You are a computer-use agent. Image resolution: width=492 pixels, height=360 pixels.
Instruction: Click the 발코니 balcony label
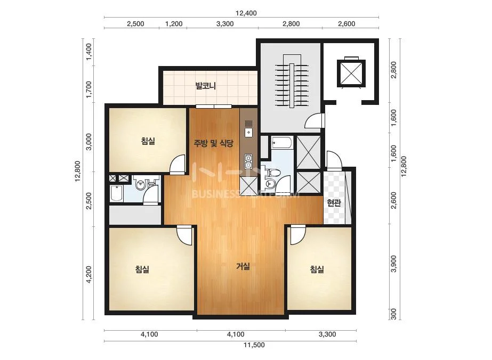pos(206,86)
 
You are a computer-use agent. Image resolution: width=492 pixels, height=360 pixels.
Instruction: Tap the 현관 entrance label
pos(334,203)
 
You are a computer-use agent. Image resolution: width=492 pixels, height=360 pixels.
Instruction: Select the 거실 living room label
pos(243,267)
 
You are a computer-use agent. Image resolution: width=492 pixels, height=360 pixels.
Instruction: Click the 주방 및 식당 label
pos(213,144)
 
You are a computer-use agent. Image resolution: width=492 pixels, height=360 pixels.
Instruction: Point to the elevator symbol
pos(351,73)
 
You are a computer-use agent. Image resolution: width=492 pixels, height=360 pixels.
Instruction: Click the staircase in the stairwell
pos(292,81)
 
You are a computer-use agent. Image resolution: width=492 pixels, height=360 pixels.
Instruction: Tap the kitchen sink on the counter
pos(248,128)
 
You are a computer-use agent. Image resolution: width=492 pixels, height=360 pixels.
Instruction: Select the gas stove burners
pos(248,161)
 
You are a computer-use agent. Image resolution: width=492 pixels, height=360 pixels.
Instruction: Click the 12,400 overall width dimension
pos(246,13)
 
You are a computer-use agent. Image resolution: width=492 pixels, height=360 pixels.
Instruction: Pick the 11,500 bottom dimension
pos(254,345)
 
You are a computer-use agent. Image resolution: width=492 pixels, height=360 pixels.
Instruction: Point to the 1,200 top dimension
pos(174,24)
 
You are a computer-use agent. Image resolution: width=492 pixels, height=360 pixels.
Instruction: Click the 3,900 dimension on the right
pos(394,264)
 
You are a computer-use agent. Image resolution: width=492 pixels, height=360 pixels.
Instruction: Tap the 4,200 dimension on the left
pos(89,275)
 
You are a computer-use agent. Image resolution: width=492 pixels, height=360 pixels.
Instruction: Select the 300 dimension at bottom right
pos(394,314)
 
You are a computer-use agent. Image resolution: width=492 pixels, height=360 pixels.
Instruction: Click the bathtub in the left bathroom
pos(116,194)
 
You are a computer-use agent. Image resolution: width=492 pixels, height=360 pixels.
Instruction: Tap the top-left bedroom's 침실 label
pos(148,141)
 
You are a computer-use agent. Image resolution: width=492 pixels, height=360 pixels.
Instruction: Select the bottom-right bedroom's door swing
pos(297,235)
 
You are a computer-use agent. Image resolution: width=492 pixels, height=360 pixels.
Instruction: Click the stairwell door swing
pos(314,120)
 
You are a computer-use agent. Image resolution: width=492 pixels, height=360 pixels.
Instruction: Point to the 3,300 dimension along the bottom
pos(327,334)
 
